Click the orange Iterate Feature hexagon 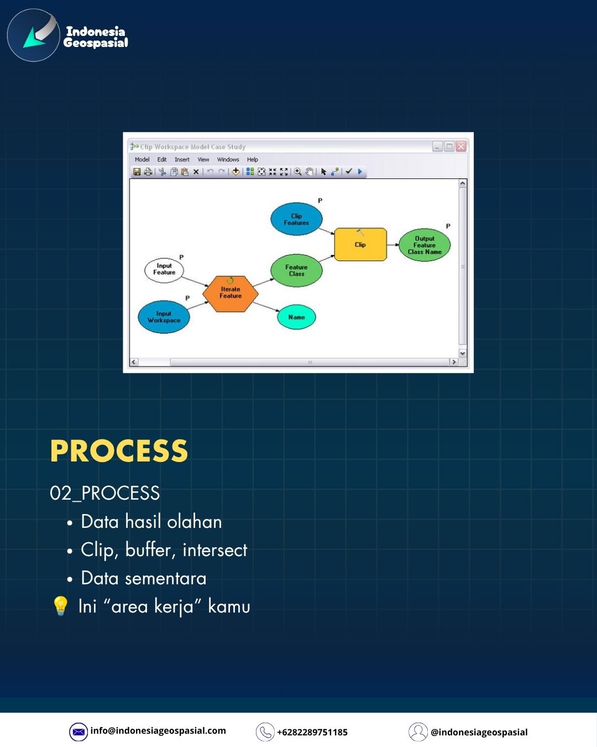(x=231, y=294)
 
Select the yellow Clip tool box (x=360, y=245)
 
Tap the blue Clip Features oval (x=296, y=219)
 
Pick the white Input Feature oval (x=164, y=270)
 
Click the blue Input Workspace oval (x=164, y=317)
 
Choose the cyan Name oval (x=297, y=317)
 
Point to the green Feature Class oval (x=296, y=271)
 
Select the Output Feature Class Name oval (x=425, y=245)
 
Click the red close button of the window (x=461, y=147)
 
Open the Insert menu (x=182, y=159)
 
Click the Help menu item (x=253, y=159)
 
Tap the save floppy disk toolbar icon (x=137, y=172)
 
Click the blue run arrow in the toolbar (x=360, y=172)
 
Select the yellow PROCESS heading (x=119, y=451)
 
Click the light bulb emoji (x=60, y=606)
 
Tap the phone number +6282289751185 (x=312, y=732)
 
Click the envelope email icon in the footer (x=78, y=732)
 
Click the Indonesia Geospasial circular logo (x=34, y=35)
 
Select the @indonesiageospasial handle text (x=479, y=732)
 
